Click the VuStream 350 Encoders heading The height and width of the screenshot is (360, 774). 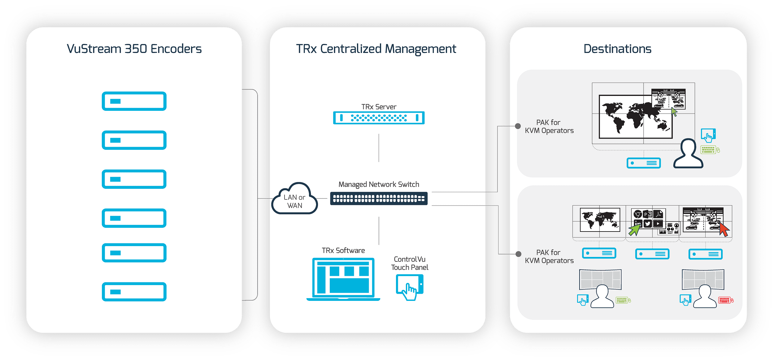tap(134, 49)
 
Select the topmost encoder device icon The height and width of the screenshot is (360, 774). tap(134, 101)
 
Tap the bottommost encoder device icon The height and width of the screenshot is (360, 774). tap(134, 292)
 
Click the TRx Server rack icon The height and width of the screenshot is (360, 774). tap(379, 118)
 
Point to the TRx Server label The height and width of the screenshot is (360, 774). tap(379, 107)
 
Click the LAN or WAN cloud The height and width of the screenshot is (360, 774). tap(294, 200)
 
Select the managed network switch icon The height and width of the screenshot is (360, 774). tap(379, 198)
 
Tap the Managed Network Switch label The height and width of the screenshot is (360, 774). tap(379, 184)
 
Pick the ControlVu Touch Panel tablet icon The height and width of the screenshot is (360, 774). tap(410, 287)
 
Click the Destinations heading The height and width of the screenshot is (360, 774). tap(617, 49)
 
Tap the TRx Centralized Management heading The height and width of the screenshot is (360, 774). tap(376, 49)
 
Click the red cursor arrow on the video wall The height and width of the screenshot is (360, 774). tap(724, 230)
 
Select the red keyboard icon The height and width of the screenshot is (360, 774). tap(724, 300)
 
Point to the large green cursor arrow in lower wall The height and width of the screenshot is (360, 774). tap(634, 230)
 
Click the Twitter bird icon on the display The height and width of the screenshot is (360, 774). tap(648, 223)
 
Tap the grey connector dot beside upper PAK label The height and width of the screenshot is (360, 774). tap(518, 126)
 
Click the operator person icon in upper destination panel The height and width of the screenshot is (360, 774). tap(688, 154)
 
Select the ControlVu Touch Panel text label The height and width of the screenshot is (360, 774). tap(410, 263)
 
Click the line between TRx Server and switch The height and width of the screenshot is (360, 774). tap(379, 148)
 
